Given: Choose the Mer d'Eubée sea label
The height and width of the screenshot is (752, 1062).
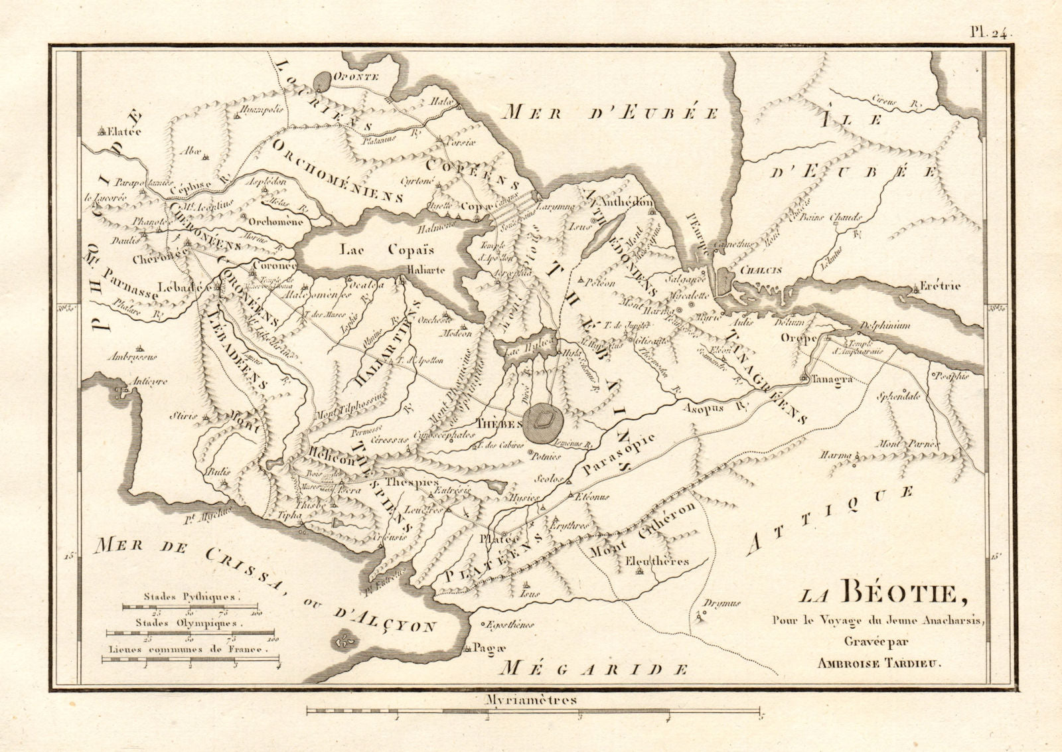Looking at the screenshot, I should coord(609,113).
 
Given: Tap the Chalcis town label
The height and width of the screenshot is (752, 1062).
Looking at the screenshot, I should coord(761,271).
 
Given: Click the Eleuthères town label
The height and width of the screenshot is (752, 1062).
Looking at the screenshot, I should coord(657,562).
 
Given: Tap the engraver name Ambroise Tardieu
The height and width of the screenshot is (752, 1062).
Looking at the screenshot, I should coord(880,661).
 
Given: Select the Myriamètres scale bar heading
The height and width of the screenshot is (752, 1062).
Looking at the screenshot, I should coord(531,700).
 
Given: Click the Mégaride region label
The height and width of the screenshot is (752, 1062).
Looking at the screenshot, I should coord(593,668).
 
